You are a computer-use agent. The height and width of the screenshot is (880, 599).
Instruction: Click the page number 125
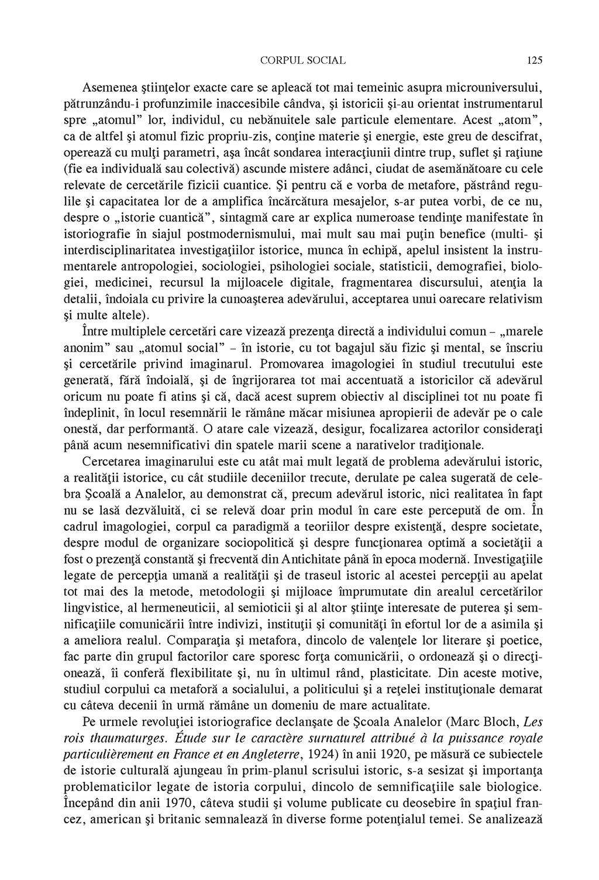535,60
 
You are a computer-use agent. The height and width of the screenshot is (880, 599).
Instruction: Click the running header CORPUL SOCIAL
302,60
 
